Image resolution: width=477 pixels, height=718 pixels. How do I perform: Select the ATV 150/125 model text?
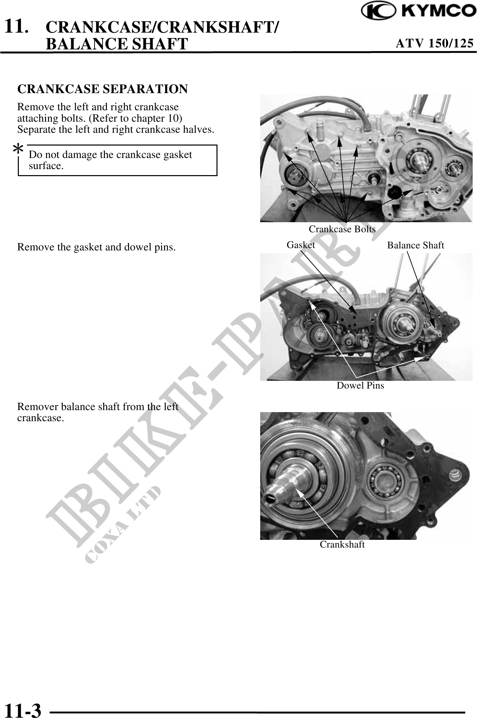pos(435,43)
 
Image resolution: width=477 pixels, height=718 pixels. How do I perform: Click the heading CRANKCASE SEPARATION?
pos(103,89)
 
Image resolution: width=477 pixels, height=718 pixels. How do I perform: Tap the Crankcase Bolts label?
pos(342,229)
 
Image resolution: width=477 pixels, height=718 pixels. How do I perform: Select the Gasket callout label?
pos(301,245)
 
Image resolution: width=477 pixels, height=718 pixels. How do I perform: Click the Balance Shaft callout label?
pos(415,245)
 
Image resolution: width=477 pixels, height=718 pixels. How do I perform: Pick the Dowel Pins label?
pos(360,385)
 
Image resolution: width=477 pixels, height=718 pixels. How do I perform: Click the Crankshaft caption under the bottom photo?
pos(342,544)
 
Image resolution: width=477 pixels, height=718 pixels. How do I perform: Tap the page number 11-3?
pos(23,709)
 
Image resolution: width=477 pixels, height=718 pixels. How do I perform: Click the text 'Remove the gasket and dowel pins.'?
pos(96,247)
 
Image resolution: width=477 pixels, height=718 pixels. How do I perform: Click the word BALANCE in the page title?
pos(87,44)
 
